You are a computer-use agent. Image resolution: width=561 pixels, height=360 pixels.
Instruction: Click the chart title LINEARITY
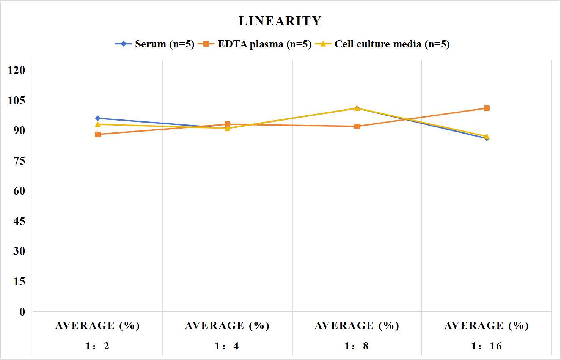coord(280,21)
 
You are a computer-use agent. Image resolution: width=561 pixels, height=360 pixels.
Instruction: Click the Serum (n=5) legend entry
coord(155,44)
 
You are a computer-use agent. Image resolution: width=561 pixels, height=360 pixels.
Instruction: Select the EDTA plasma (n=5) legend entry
coord(255,44)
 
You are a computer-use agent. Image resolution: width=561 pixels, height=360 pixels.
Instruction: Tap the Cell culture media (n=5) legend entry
coord(382,44)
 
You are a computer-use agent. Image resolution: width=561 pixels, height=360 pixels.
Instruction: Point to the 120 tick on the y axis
coord(17,70)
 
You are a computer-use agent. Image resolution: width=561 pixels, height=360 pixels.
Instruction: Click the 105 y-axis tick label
coord(17,101)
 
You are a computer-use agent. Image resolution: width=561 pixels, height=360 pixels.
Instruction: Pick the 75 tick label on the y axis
coord(19,161)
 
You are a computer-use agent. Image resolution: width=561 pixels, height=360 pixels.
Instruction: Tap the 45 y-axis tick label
coord(19,221)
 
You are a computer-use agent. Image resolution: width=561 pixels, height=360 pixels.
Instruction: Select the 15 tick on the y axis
coord(19,281)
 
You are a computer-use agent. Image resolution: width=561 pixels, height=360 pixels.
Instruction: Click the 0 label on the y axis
coord(22,312)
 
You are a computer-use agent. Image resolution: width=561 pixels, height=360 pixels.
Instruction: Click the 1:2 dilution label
coord(97,346)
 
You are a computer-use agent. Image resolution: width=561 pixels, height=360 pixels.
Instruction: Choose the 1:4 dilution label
coord(227,346)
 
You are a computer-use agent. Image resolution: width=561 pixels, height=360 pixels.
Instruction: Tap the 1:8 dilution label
coord(357,346)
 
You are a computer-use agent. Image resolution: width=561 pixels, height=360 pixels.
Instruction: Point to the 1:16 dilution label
coord(486,346)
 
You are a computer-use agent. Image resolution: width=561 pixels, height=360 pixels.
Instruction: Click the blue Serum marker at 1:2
coord(98,118)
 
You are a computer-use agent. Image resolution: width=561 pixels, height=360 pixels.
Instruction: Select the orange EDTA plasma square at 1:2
coord(98,135)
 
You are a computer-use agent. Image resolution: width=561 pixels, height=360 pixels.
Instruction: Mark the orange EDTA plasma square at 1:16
coord(487,108)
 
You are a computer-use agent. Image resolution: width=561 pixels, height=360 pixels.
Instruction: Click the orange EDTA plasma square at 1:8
coord(357,126)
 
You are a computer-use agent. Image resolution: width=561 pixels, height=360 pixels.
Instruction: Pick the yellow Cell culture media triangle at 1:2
coord(98,124)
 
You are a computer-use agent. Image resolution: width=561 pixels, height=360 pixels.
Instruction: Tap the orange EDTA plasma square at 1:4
coord(228,124)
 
